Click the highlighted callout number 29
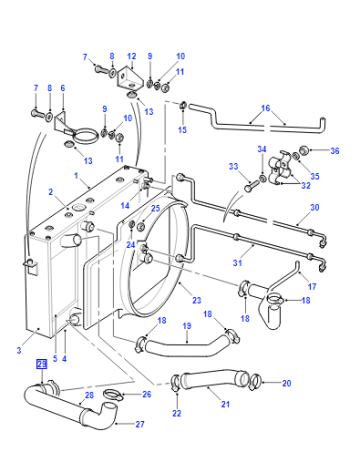[42, 364]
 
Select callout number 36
[335, 151]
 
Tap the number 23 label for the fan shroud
[197, 300]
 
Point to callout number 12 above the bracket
[132, 56]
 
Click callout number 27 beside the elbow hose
[140, 424]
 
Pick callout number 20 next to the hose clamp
[287, 383]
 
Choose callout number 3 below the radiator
[19, 350]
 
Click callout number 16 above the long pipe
[265, 108]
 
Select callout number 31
[237, 263]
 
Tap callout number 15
[182, 129]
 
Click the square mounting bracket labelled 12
[130, 78]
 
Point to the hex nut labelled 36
[304, 150]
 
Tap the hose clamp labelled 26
[113, 394]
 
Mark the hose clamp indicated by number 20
[255, 381]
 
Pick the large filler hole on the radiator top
[80, 207]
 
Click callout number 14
[125, 205]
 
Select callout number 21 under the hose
[226, 404]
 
